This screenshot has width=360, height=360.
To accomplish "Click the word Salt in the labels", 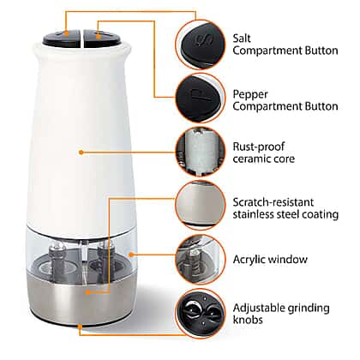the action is point(242,38).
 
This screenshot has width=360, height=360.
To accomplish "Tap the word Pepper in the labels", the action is point(250,94).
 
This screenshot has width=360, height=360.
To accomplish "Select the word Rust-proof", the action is point(259,147).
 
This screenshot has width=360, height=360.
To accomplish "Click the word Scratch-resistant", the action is point(273,202).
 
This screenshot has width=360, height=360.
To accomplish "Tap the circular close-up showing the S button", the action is point(201,45).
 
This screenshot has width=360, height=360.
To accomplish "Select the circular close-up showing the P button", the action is point(201,98).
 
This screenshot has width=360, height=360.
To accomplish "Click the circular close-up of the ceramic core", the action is point(201,152).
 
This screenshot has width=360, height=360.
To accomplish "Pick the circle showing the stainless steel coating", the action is point(201,205).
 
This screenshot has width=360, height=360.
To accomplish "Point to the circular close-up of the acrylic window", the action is point(201,260).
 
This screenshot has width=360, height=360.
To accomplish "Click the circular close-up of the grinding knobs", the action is point(201,314).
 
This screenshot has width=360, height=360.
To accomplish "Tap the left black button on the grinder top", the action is point(62,39).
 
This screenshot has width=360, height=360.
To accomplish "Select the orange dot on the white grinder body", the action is point(81,153).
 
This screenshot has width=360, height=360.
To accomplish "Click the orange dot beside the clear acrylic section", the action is point(131,254).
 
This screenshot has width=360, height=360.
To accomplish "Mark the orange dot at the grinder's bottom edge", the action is point(81,327).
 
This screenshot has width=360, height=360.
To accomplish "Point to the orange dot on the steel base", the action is point(88,292).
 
